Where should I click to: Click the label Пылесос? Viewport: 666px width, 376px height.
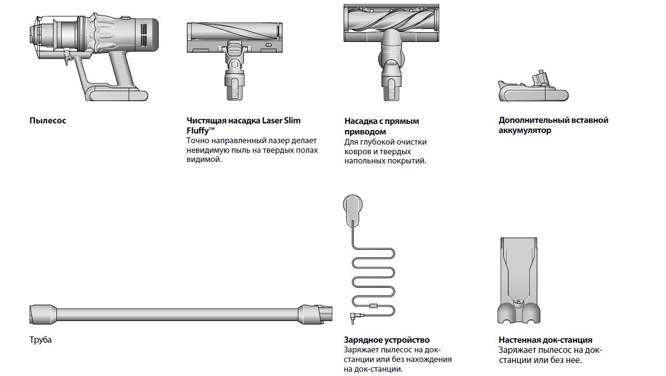(48, 121)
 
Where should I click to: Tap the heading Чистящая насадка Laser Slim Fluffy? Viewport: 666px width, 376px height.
(243, 125)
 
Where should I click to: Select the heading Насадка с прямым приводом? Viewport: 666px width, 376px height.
(382, 126)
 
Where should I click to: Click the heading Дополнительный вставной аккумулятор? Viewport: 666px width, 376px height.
(553, 125)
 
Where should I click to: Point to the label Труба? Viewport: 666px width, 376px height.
(40, 340)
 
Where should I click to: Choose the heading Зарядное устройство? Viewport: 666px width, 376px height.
(386, 340)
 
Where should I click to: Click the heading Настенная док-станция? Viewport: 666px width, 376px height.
(546, 340)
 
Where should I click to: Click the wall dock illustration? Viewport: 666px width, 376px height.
(519, 280)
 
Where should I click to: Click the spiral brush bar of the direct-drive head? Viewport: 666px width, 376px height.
(391, 19)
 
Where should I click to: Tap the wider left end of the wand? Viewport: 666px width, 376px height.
(43, 314)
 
